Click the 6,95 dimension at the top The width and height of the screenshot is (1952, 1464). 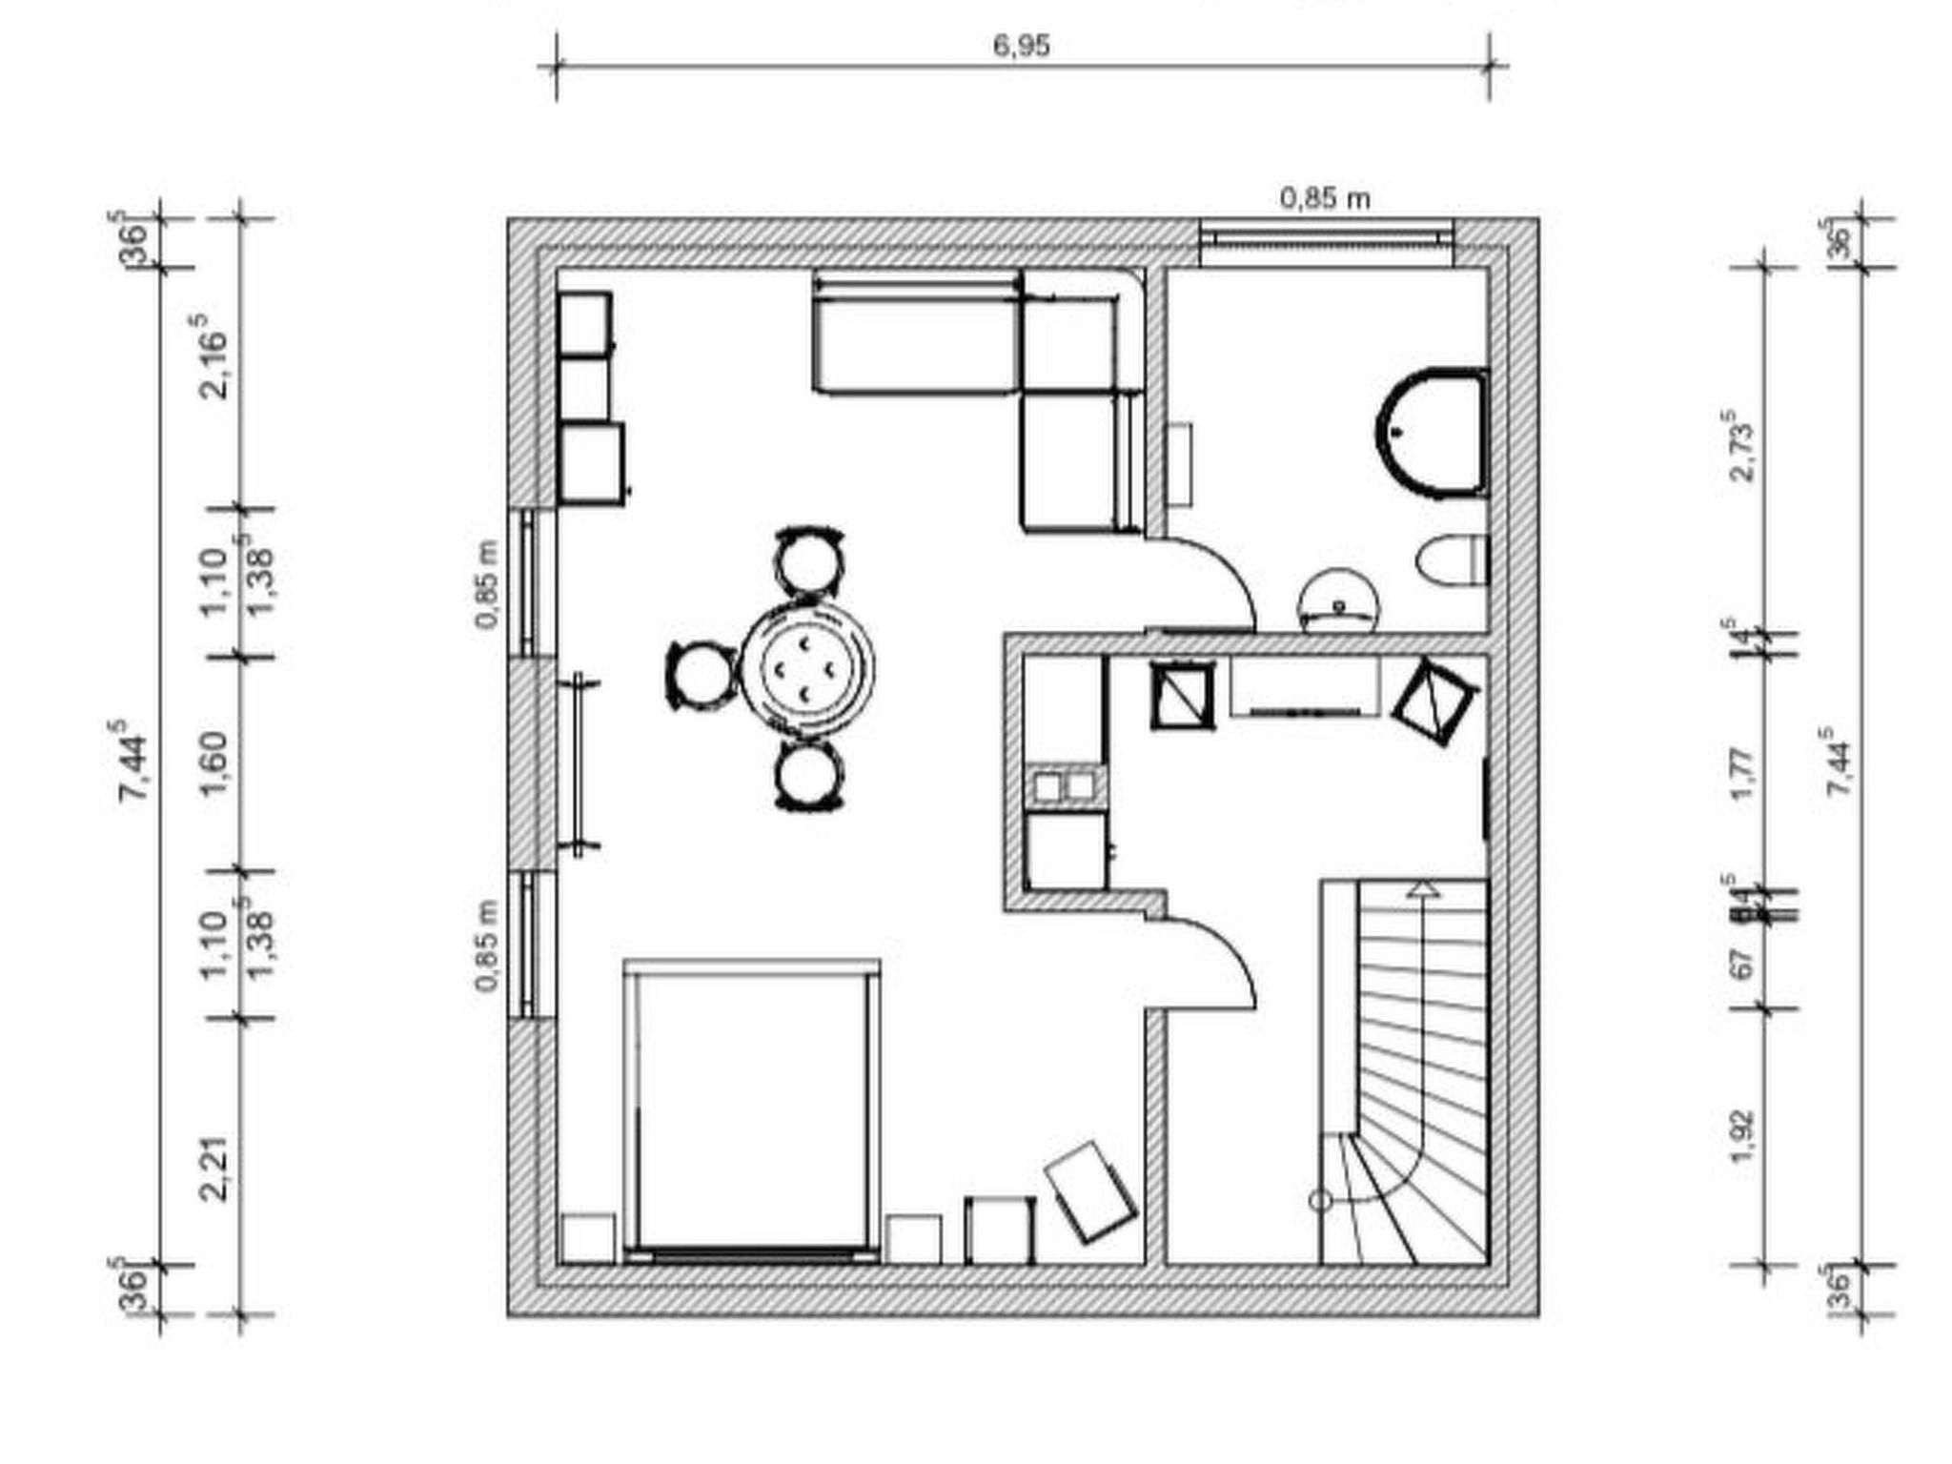pos(1021,46)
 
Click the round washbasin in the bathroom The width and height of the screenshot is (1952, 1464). pos(1338,601)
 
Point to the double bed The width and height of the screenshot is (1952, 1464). pos(751,1110)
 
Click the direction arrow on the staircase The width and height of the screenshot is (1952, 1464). pos(1423,889)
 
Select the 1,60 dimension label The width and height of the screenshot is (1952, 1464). pos(215,762)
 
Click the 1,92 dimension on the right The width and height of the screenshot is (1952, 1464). pos(1742,1136)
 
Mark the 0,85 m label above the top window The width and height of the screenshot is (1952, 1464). pos(1325,198)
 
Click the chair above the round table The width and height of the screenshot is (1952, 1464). pos(809,562)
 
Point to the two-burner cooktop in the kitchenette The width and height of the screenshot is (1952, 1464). pos(1065,786)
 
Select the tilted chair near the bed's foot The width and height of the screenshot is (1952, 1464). pos(1090,1191)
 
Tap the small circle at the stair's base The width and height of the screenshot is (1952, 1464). pos(1320,1201)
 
